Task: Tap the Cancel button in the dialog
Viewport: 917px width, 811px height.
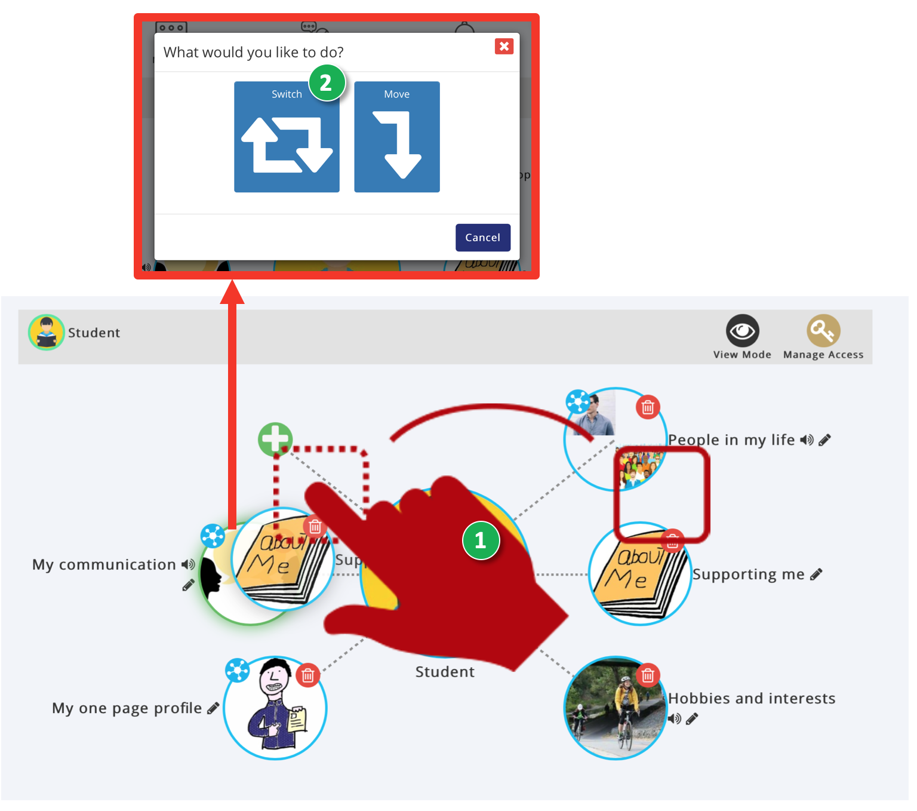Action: [x=482, y=238]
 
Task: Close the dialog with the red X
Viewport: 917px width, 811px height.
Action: [x=504, y=47]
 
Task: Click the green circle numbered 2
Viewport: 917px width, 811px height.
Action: [x=327, y=82]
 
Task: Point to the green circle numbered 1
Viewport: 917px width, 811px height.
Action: [x=481, y=540]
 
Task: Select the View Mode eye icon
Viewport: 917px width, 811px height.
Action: [x=742, y=331]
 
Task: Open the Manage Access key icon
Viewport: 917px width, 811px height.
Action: [x=823, y=331]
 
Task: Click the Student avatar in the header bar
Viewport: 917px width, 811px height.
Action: [x=46, y=333]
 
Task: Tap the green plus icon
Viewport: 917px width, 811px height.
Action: [x=275, y=440]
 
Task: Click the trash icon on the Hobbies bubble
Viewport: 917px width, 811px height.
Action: [x=648, y=675]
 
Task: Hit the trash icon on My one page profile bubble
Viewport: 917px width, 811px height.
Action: [x=308, y=675]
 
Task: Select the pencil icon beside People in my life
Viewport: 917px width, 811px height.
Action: [x=824, y=440]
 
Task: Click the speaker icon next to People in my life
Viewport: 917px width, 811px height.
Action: [x=807, y=440]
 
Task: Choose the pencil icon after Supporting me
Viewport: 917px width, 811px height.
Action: [x=816, y=575]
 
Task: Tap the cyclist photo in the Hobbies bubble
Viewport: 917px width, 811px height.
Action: [x=615, y=711]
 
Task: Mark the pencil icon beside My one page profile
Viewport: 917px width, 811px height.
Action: [x=213, y=708]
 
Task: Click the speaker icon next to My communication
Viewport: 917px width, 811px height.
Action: [x=188, y=564]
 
